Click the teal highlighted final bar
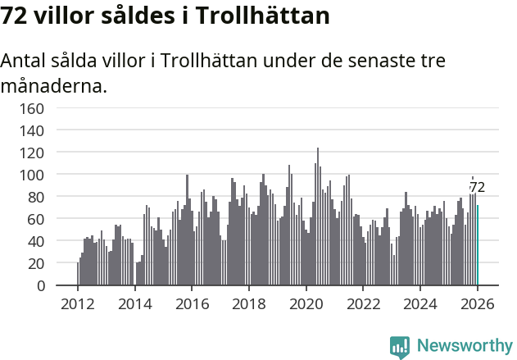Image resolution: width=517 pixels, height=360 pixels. tap(478, 246)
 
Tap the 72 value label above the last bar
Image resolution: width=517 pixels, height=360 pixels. tap(477, 188)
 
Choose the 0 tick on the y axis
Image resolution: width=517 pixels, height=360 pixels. tap(39, 286)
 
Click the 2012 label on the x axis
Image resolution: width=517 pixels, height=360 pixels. tap(78, 304)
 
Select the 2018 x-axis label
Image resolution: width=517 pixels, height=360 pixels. tap(249, 304)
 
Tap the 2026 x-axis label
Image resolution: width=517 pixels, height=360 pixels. tap(478, 304)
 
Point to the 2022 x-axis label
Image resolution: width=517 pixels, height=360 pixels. tap(364, 304)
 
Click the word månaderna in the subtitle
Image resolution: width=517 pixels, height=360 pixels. tap(54, 85)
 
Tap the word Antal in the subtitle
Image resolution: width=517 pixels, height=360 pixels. tap(24, 62)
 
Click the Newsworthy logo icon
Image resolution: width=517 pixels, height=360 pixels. tap(400, 346)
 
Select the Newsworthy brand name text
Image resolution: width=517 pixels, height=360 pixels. tap(464, 346)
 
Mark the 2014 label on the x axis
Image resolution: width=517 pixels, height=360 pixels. tap(135, 304)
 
